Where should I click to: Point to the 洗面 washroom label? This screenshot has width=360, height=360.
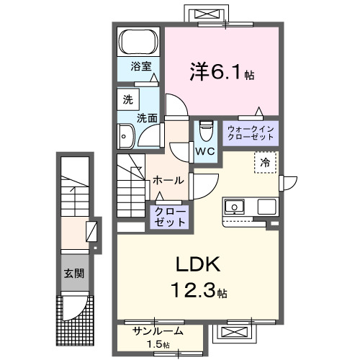(149, 116)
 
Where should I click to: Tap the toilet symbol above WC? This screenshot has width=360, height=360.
(204, 130)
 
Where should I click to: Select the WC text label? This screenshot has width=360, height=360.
(205, 152)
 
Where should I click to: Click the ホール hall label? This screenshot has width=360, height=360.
(168, 181)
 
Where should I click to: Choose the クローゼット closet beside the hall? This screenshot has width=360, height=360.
(169, 217)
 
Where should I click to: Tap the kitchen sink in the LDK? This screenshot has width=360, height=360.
(235, 208)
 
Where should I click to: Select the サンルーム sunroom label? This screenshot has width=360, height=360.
(158, 331)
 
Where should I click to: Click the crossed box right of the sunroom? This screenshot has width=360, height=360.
(235, 333)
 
